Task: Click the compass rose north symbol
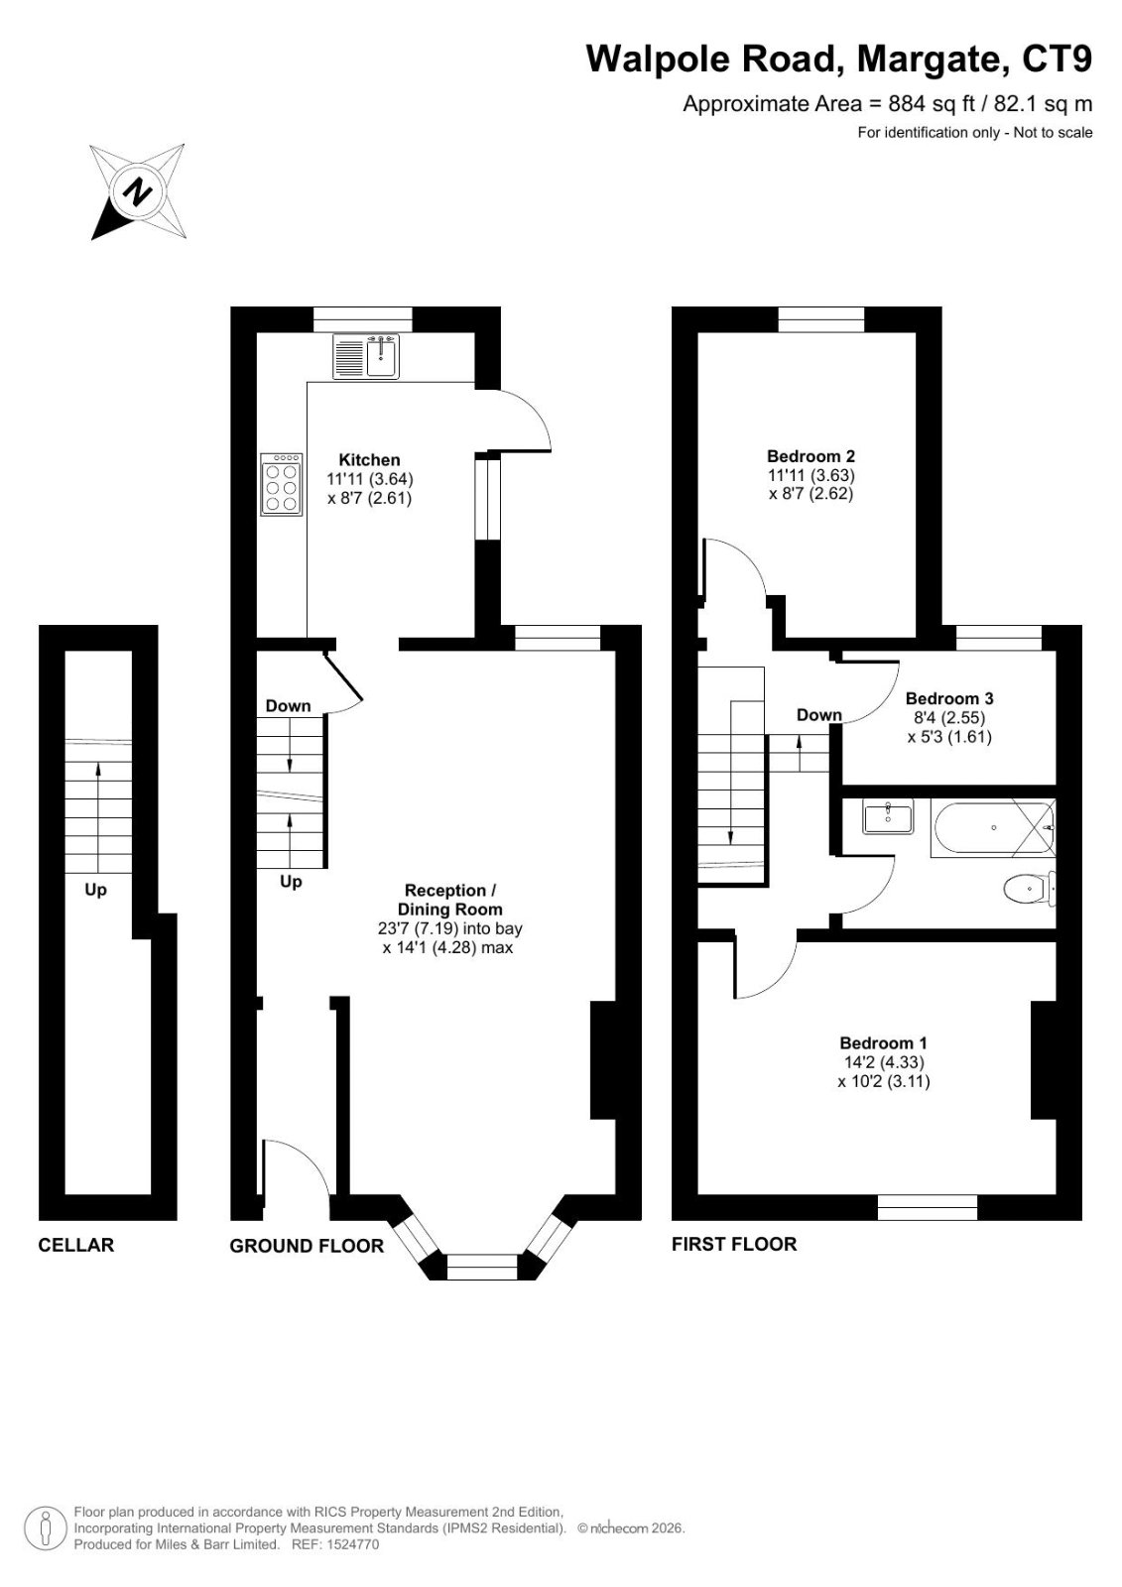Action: tap(139, 191)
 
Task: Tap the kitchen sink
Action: tap(366, 356)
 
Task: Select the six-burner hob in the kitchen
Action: tap(282, 484)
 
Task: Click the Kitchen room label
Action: tap(369, 460)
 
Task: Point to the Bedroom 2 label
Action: tap(810, 456)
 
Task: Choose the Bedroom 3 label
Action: tap(949, 698)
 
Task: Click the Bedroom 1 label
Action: tap(883, 1042)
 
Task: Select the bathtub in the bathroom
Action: tap(995, 827)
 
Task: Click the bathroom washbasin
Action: tap(888, 816)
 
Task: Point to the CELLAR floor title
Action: tap(75, 1245)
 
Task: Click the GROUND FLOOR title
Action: tap(307, 1246)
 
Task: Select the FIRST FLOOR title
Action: tap(734, 1244)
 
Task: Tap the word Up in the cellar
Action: tap(95, 890)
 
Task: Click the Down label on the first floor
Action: tap(819, 715)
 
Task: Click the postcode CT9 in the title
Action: tap(1057, 59)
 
